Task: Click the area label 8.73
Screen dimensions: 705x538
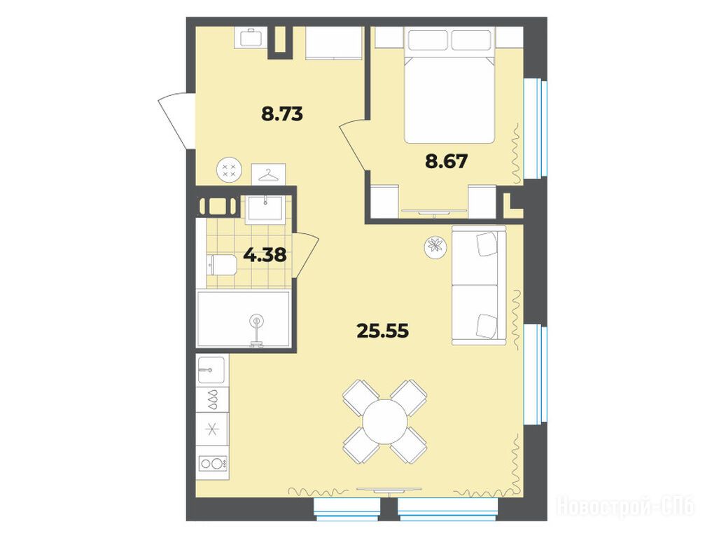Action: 282,114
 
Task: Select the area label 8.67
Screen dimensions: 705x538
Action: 447,161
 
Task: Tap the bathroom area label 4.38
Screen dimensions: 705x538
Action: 265,255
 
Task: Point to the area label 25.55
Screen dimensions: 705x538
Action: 383,331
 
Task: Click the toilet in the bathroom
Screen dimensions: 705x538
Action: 222,265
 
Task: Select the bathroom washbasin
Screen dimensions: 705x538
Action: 265,209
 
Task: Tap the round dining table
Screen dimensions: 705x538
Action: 385,422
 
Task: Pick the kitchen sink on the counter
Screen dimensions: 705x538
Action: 211,370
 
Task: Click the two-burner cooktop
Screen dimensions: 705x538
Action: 212,463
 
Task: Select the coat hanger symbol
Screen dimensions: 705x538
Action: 268,174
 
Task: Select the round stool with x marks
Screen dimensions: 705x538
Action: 229,170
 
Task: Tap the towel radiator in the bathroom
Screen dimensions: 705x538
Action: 218,207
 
